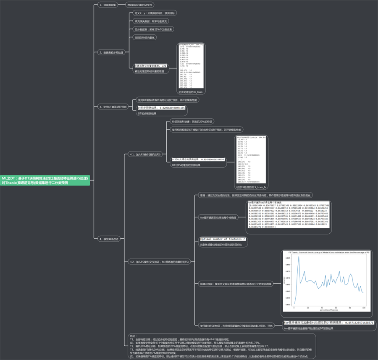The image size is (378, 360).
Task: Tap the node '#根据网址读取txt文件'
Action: pyautogui.click(x=140, y=5)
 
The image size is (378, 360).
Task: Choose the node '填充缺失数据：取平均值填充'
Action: pyautogui.click(x=151, y=21)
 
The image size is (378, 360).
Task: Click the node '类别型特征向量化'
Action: pyautogui.click(x=144, y=37)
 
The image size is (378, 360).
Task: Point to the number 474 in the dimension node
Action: pyautogui.click(x=164, y=66)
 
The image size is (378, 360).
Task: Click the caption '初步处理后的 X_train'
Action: pyautogui.click(x=191, y=91)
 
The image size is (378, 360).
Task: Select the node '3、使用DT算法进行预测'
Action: pyautogui.click(x=113, y=107)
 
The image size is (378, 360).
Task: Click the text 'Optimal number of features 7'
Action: pyautogui.click(x=223, y=239)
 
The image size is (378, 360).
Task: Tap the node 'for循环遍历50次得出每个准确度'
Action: pyautogui.click(x=218, y=218)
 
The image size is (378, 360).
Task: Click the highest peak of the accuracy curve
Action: pyautogui.click(x=299, y=257)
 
